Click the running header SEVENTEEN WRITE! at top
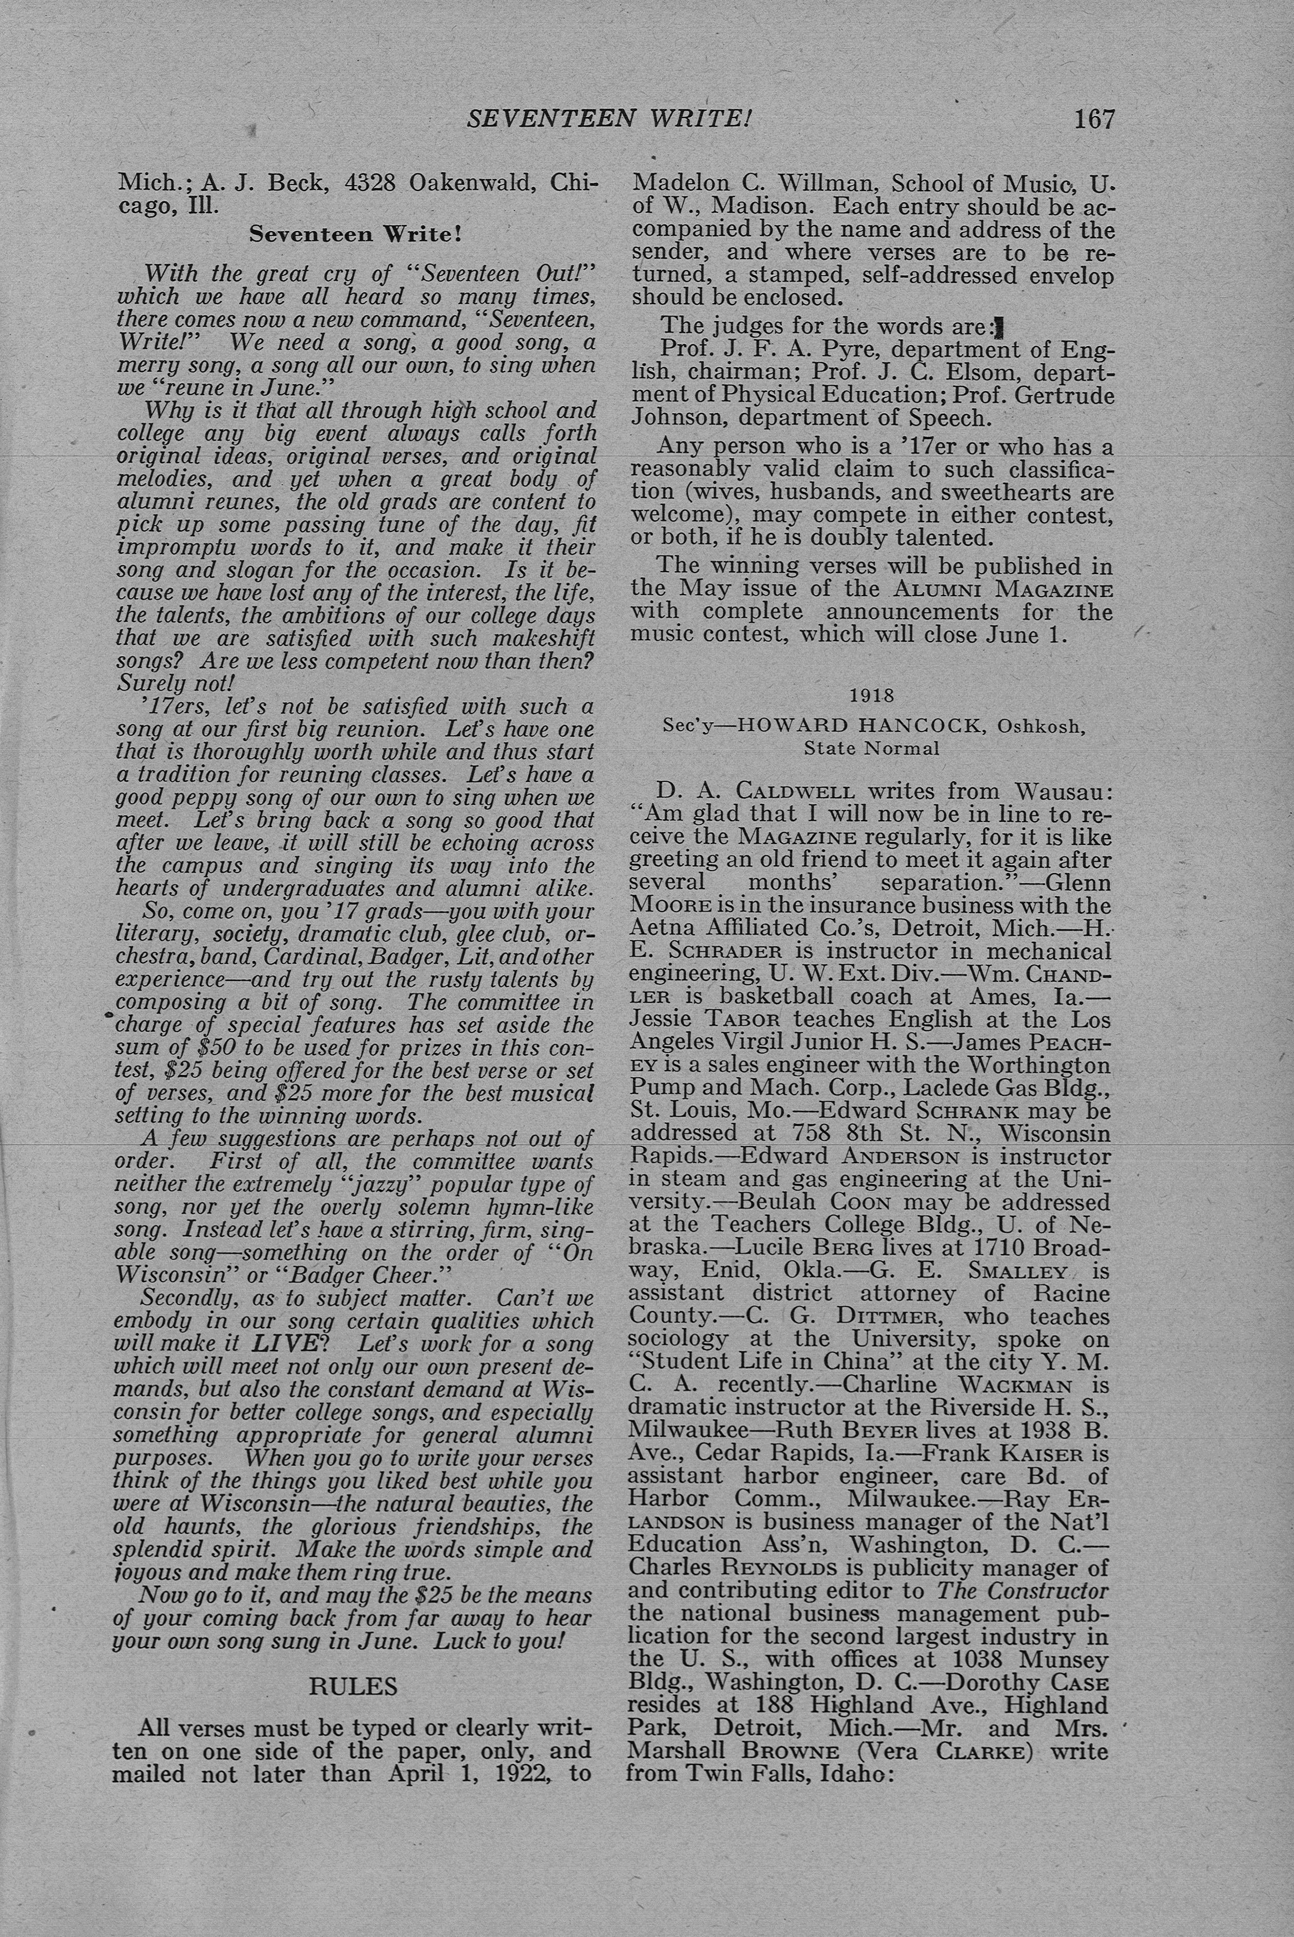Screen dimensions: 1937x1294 point(609,119)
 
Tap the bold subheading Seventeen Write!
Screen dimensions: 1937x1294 point(356,234)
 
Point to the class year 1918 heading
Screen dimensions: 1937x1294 point(871,696)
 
